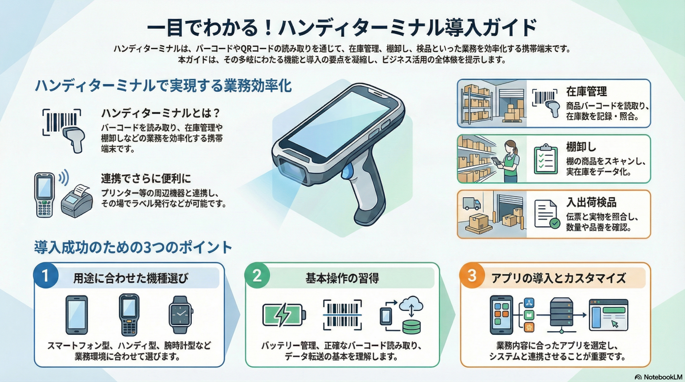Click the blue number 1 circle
[45, 276]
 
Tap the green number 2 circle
[257, 276]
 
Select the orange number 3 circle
[472, 276]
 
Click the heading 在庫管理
[587, 91]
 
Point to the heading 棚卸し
[581, 147]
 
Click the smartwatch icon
[181, 315]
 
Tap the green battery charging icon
[284, 315]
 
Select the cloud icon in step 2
[411, 304]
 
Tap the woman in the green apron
[508, 161]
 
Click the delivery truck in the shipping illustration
[471, 203]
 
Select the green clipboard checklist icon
[545, 159]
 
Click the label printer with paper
[77, 201]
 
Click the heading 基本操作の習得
[342, 278]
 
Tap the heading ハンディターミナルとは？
[161, 114]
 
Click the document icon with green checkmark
[547, 214]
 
